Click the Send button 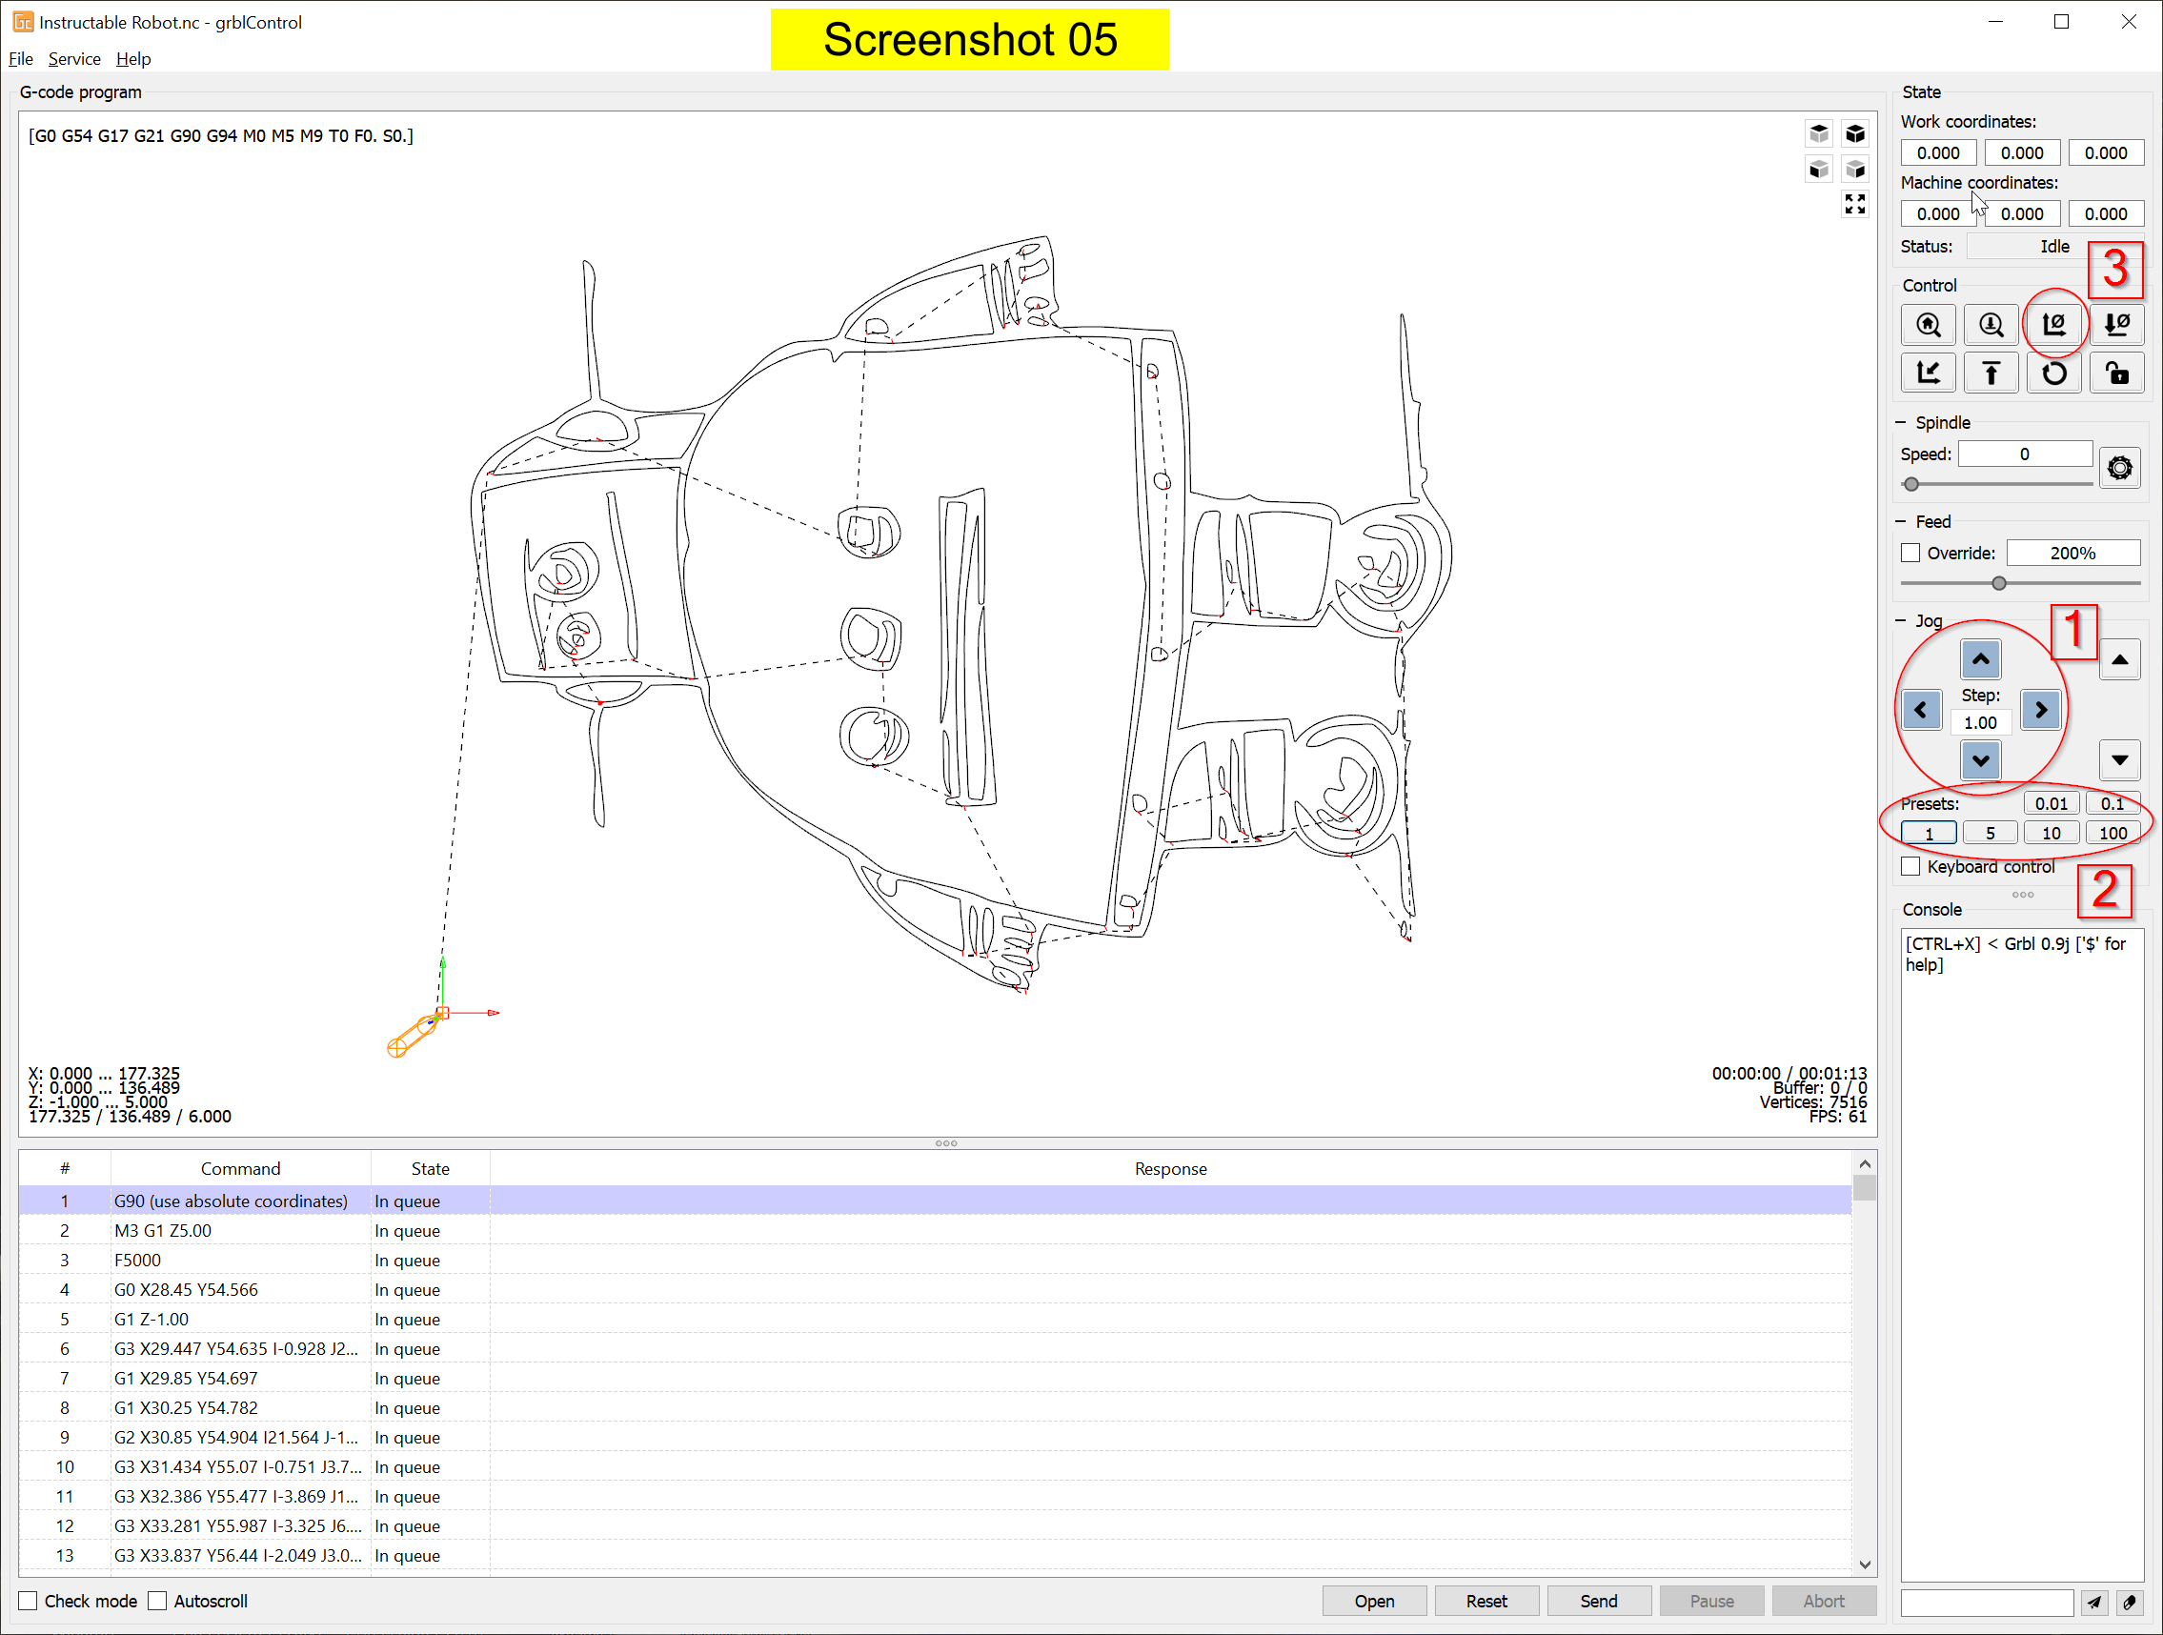[1598, 1601]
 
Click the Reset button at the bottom [1486, 1601]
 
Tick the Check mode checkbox [29, 1601]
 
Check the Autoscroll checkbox [157, 1601]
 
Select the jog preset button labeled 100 [2112, 833]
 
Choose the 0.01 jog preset [2051, 804]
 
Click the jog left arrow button [1920, 710]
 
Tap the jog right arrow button [2041, 710]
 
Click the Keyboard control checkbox [1910, 866]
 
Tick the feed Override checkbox [1910, 553]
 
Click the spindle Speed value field [2024, 454]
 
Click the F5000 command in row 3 [138, 1260]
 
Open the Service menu [74, 59]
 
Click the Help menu [133, 59]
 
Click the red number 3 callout [2115, 269]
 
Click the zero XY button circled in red [2053, 324]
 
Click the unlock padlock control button [2116, 373]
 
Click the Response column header [1169, 1168]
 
